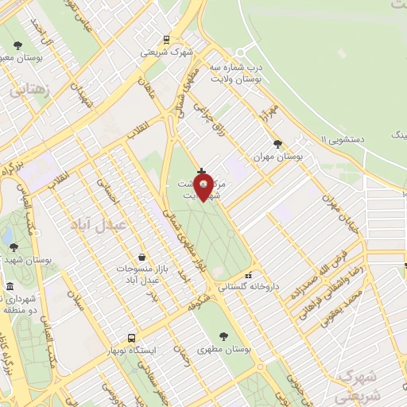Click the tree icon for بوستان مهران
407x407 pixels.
tap(277, 144)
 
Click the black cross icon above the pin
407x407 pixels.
tap(200, 171)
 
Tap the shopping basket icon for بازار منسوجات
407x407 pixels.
tap(141, 257)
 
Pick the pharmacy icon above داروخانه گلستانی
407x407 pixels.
tap(248, 274)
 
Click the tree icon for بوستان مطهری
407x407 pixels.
tap(223, 335)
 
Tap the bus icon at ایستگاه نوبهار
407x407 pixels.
tap(132, 337)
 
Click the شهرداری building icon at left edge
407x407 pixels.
tap(10, 286)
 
